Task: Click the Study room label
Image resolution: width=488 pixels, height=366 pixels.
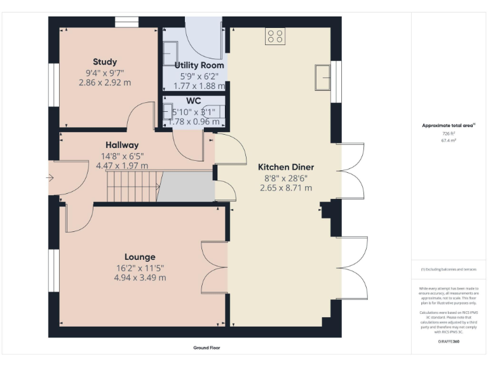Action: tap(105, 62)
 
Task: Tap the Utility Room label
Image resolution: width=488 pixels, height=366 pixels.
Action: tap(199, 65)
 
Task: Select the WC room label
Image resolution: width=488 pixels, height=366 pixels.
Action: tap(194, 101)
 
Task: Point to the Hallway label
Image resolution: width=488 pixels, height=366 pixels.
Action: tap(122, 145)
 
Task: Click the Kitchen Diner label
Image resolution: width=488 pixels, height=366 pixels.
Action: tap(286, 167)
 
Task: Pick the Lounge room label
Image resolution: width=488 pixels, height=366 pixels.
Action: tap(140, 257)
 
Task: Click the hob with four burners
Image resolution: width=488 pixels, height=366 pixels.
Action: tap(275, 36)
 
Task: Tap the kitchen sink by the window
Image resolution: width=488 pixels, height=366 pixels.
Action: tap(322, 77)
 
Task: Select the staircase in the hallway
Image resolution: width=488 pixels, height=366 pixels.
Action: tap(131, 187)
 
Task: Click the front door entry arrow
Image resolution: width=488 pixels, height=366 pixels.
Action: tap(51, 178)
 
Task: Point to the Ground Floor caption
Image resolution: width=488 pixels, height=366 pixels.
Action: tap(207, 348)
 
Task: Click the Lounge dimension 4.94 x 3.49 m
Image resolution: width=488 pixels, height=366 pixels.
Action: tap(140, 278)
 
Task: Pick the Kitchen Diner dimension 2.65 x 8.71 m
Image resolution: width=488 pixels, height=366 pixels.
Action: tap(286, 188)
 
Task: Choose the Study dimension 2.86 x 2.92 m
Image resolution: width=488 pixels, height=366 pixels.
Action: tap(105, 83)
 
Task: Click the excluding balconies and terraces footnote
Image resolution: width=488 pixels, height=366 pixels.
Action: tap(449, 269)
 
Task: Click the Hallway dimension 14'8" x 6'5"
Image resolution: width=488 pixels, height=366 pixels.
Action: tap(121, 155)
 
